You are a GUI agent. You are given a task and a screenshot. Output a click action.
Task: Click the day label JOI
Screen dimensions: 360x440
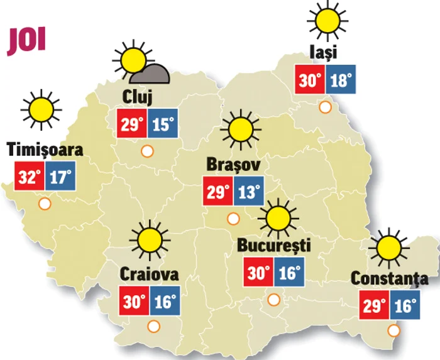[27, 41]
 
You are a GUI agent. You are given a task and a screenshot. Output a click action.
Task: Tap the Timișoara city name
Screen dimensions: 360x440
[45, 150]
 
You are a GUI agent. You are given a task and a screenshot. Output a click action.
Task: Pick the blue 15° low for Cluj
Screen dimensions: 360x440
[162, 124]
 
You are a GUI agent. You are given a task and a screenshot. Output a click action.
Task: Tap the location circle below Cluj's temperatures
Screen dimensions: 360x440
[147, 151]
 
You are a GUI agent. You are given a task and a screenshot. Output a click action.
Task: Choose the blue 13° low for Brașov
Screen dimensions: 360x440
[248, 192]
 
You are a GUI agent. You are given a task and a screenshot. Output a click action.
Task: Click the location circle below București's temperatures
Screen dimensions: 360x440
[274, 299]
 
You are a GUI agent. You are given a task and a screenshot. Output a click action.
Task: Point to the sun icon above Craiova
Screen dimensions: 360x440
[150, 239]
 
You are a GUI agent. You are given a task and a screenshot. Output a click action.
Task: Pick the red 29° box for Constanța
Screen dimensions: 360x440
[374, 306]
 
